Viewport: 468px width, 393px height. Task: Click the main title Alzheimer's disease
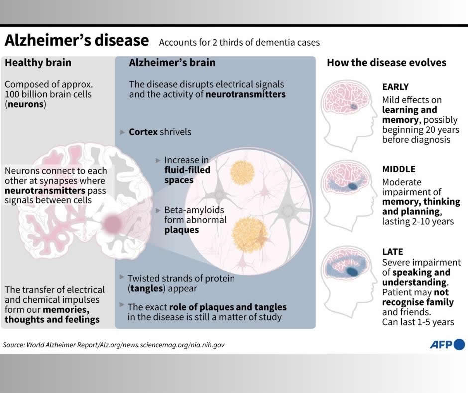click(77, 40)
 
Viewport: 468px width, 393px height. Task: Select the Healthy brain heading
click(38, 63)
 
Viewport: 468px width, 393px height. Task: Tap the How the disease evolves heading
click(386, 63)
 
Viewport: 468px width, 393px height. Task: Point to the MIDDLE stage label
click(399, 169)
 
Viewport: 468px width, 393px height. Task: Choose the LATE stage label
click(393, 252)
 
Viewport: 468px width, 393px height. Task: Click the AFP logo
click(447, 344)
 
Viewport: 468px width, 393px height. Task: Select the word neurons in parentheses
click(25, 105)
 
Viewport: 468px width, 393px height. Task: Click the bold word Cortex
click(143, 132)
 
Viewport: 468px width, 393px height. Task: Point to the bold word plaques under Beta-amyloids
click(182, 230)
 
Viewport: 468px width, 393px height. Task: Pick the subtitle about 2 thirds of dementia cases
click(239, 42)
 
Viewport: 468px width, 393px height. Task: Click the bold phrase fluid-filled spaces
click(187, 175)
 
